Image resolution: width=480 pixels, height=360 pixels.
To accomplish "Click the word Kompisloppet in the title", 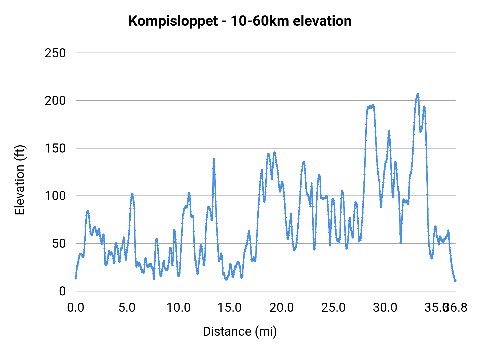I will [173, 21].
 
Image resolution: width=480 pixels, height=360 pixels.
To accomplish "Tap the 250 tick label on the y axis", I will [55, 53].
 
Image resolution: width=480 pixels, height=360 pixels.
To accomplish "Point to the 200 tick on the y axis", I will [55, 101].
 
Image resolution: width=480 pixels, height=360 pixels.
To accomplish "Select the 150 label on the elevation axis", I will [55, 149].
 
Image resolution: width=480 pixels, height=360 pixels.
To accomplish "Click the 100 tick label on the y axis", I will [55, 196].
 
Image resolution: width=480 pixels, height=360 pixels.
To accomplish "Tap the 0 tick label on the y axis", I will [62, 291].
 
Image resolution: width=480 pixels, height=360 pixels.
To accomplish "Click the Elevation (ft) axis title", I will [19, 180].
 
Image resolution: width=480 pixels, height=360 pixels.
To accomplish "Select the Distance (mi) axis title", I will [240, 331].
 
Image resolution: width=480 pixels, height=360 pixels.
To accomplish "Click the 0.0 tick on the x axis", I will [76, 308].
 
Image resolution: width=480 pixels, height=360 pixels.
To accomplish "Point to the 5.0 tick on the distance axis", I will [127, 308].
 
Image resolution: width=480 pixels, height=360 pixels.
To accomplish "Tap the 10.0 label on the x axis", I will [178, 308].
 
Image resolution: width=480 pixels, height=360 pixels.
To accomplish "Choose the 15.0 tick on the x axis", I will [230, 308].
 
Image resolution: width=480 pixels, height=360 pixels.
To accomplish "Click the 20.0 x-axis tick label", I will [282, 308].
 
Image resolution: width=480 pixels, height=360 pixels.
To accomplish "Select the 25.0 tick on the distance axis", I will [333, 308].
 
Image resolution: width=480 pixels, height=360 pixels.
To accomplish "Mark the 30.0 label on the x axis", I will [385, 308].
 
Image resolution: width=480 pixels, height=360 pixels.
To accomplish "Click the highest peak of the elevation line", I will [418, 94].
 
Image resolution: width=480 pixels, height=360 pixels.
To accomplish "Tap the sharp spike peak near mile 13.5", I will [214, 159].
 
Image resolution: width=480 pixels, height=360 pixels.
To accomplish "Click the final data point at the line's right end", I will [455, 281].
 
